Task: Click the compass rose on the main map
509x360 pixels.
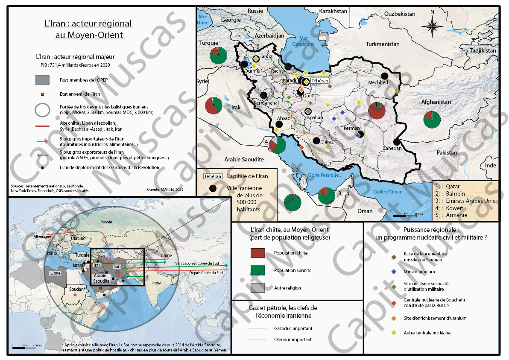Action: point(432,26)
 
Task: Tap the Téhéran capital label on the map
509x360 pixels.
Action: point(320,81)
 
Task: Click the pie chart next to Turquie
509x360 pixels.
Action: point(219,56)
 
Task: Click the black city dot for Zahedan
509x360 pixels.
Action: point(396,142)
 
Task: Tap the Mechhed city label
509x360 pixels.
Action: point(378,82)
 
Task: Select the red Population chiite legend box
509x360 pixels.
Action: point(257,253)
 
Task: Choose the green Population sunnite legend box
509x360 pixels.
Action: point(257,270)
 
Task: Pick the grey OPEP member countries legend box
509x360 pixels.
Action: point(42,80)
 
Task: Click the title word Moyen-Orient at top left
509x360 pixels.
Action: point(89,35)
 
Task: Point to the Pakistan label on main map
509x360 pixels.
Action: point(446,152)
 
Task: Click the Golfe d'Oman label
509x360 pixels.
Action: point(388,192)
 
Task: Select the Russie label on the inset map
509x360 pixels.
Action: point(106,222)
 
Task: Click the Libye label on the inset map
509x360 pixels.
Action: point(56,272)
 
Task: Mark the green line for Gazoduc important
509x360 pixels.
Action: point(257,328)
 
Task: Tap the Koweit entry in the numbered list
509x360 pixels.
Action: point(456,208)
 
